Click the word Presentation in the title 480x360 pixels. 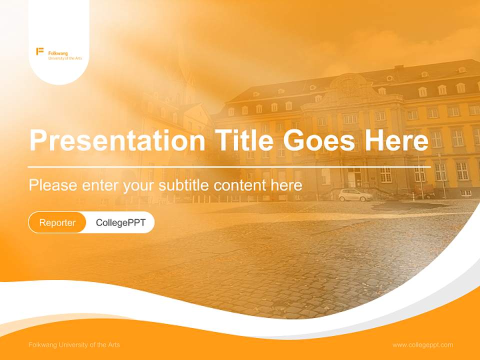click(x=117, y=140)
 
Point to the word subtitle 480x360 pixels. click(x=184, y=185)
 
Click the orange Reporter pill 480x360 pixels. click(x=57, y=222)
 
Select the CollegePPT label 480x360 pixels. click(x=120, y=222)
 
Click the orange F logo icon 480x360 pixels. click(x=40, y=51)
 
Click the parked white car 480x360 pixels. click(x=355, y=195)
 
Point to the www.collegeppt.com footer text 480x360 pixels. click(x=422, y=344)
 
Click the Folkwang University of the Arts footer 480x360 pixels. click(x=74, y=344)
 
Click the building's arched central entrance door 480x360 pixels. click(x=354, y=177)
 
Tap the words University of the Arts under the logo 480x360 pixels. click(x=65, y=58)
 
